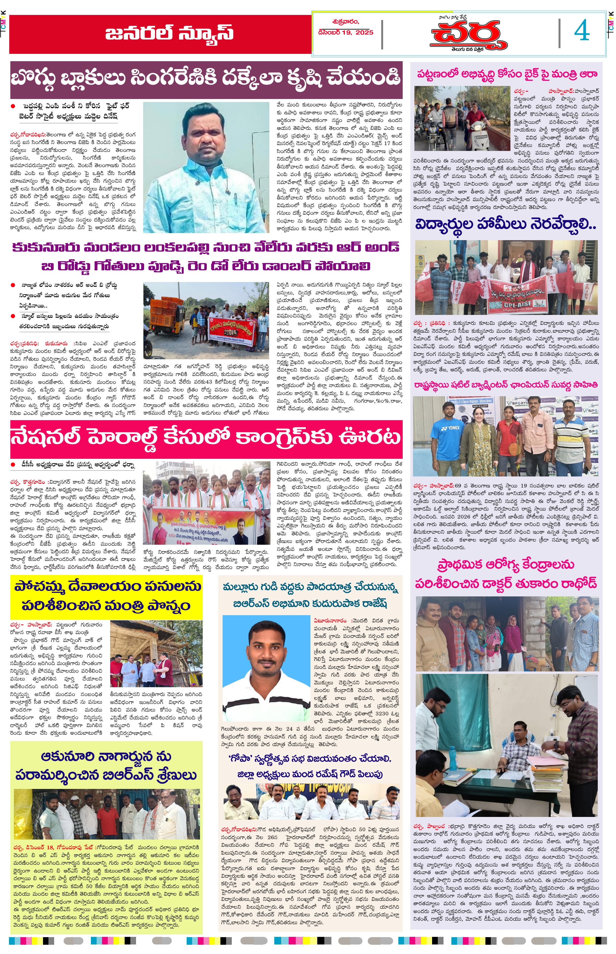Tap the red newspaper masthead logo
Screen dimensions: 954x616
[x=468, y=35]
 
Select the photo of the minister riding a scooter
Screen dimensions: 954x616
[x=462, y=118]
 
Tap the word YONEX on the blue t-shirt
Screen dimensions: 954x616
[x=453, y=428]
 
